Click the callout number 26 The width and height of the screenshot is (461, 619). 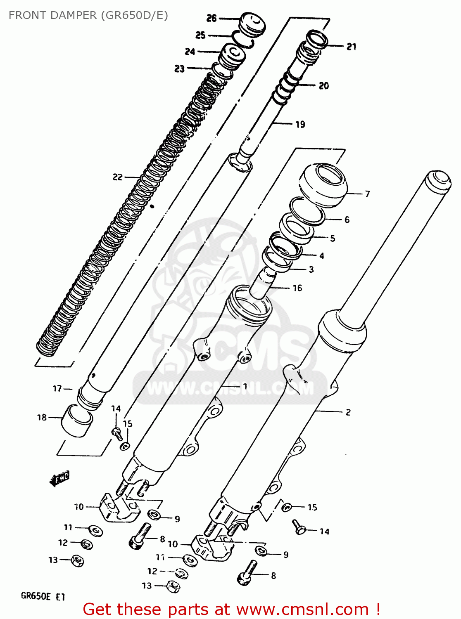click(211, 18)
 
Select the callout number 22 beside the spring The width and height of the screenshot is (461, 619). click(117, 177)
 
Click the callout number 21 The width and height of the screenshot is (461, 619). click(351, 47)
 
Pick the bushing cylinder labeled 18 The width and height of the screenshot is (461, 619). click(77, 421)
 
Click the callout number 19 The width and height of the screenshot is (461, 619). click(300, 124)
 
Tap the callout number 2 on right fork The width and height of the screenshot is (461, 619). click(348, 412)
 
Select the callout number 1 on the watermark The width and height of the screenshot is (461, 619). click(245, 386)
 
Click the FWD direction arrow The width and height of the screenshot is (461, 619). click(59, 478)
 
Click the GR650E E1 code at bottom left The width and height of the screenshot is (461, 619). click(43, 596)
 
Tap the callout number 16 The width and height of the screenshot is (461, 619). click(297, 288)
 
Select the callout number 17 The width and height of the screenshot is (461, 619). click(57, 388)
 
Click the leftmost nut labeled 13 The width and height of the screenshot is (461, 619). click(77, 560)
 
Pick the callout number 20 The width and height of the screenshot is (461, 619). click(323, 85)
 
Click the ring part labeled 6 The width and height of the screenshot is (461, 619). click(307, 210)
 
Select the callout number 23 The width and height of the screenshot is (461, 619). click(179, 69)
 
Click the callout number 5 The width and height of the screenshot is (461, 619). click(332, 238)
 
